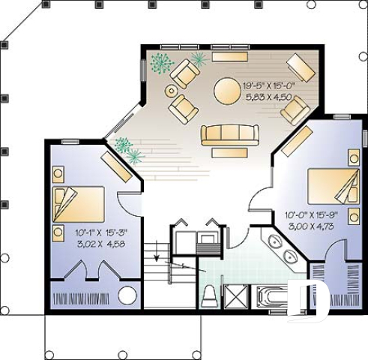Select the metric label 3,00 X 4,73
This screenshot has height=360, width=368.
tap(311, 225)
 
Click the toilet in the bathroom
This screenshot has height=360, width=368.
tap(210, 294)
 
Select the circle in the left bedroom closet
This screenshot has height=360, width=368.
tap(127, 295)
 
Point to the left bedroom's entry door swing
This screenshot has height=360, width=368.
tap(130, 202)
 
